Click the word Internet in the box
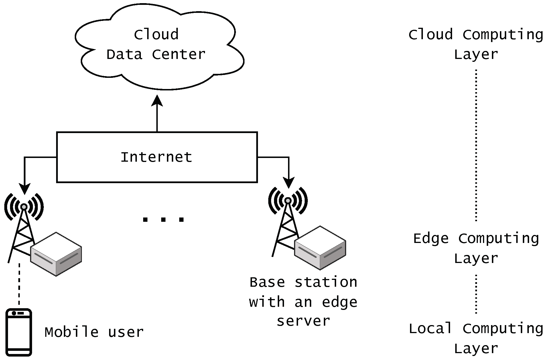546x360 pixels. click(x=156, y=157)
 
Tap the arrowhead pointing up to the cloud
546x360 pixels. click(x=157, y=101)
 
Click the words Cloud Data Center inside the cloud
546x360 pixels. click(x=156, y=44)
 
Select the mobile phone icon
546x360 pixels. click(x=19, y=332)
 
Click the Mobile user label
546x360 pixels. click(x=94, y=332)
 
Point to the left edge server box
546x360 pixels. click(x=56, y=254)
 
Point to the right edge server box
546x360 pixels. click(x=320, y=248)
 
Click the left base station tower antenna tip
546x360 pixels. click(x=24, y=207)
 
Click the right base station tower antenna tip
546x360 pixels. click(x=288, y=201)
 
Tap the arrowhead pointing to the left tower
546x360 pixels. click(x=24, y=189)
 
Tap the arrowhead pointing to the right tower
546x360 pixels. click(x=289, y=183)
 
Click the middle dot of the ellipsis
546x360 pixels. click(x=163, y=220)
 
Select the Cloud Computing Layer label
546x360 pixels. click(x=476, y=44)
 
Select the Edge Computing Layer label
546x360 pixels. click(x=476, y=248)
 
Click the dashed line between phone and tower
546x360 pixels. click(x=19, y=285)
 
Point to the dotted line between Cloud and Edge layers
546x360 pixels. click(x=476, y=145)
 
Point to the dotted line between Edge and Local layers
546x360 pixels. click(x=476, y=294)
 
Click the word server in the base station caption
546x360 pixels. click(x=303, y=321)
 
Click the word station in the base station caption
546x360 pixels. click(x=326, y=282)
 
